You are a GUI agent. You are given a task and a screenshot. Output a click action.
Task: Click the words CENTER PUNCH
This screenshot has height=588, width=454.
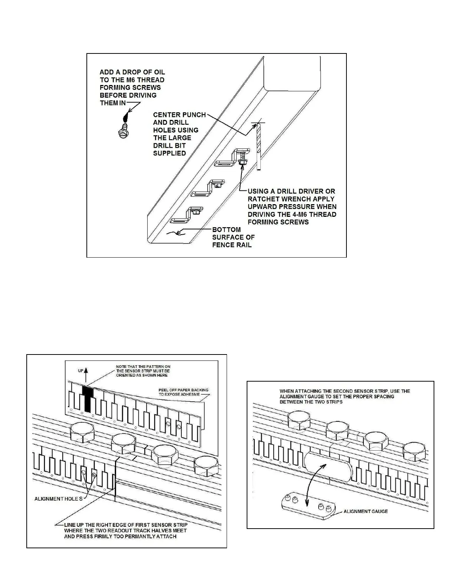coord(180,115)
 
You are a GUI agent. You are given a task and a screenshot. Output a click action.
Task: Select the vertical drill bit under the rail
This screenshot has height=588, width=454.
coord(259,147)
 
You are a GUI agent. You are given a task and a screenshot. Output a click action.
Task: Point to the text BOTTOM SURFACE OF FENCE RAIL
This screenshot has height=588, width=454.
coord(233,237)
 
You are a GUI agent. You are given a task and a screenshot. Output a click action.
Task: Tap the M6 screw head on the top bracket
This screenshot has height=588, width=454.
coord(242,163)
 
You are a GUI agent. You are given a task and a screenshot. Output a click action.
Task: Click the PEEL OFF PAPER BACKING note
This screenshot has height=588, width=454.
coord(184,392)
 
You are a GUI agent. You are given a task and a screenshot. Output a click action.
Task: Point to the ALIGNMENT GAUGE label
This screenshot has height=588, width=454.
coord(365,511)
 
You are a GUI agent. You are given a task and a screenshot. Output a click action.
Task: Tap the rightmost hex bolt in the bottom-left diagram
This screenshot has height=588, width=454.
coord(206,466)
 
